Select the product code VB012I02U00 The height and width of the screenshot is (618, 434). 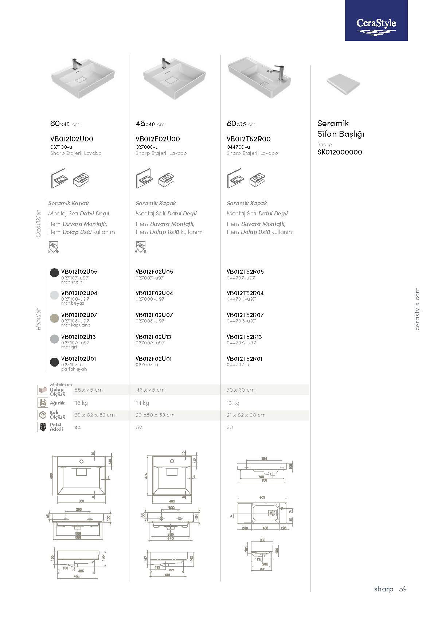pyautogui.click(x=71, y=139)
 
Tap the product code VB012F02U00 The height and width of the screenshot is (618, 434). pyautogui.click(x=157, y=139)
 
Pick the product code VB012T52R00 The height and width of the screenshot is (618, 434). pyautogui.click(x=249, y=139)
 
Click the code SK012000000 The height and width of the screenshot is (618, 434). pyautogui.click(x=340, y=152)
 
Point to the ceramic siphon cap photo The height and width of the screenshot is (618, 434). pyautogui.click(x=344, y=84)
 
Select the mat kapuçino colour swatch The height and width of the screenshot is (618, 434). pyautogui.click(x=54, y=317)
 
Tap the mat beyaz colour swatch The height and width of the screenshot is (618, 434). pyautogui.click(x=54, y=295)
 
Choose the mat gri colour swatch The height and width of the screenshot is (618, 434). pyautogui.click(x=54, y=339)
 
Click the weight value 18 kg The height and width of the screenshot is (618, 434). pyautogui.click(x=81, y=403)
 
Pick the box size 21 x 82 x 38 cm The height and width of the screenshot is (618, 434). pyautogui.click(x=246, y=415)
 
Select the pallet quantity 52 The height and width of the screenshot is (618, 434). pyautogui.click(x=139, y=427)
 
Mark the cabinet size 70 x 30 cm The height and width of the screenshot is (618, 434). pyautogui.click(x=241, y=390)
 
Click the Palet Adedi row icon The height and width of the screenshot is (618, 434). pyautogui.click(x=43, y=427)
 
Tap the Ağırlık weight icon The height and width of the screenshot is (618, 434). pyautogui.click(x=43, y=403)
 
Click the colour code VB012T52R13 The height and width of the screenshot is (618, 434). pyautogui.click(x=244, y=337)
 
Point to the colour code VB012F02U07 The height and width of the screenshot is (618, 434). pyautogui.click(x=154, y=315)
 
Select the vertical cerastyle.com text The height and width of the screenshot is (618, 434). pyautogui.click(x=417, y=309)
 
